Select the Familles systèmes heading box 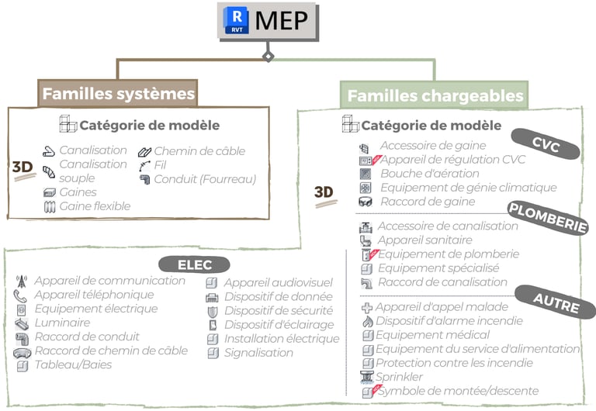tap(118, 94)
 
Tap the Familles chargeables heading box tap(435, 96)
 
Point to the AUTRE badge tap(557, 303)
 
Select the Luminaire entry tap(62, 323)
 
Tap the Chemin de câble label tap(199, 151)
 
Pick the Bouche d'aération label tap(430, 173)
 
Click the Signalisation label tap(258, 353)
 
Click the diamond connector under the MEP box tap(268, 57)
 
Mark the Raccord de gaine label tap(428, 202)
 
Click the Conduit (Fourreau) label tap(205, 179)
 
